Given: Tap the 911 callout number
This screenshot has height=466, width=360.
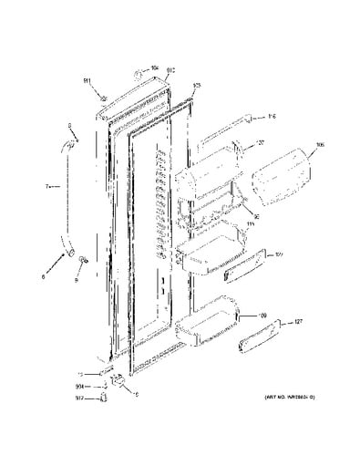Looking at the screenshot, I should (x=88, y=80).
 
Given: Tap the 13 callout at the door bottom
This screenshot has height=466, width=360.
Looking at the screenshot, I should (x=81, y=374).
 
